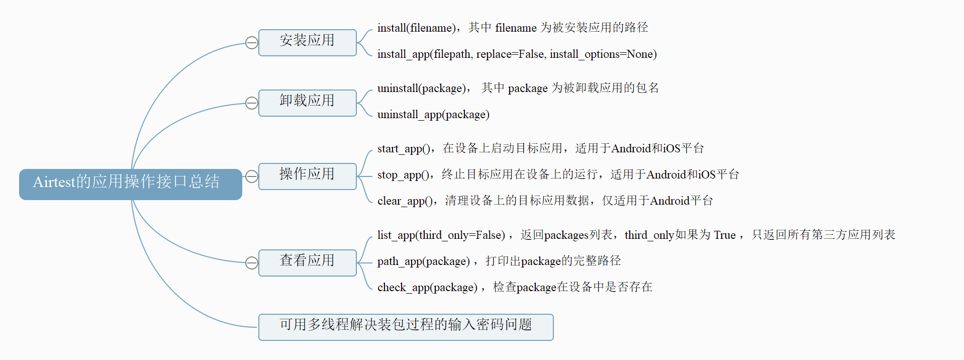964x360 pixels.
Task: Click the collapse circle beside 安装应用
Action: [x=251, y=43]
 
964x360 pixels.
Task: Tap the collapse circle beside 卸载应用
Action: [x=251, y=103]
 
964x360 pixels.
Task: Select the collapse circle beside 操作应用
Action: [x=251, y=176]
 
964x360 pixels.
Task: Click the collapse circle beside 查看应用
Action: [x=251, y=263]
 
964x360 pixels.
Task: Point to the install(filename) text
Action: [x=417, y=28]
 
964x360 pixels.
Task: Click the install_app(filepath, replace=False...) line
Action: [x=517, y=54]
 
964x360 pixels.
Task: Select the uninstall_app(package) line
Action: [x=433, y=115]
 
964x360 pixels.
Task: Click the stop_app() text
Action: [x=404, y=175]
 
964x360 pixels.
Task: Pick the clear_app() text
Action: [x=406, y=201]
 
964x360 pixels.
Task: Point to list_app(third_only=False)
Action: [x=441, y=235]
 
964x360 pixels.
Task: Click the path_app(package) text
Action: [x=423, y=261]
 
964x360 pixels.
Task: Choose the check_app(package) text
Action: [x=427, y=288]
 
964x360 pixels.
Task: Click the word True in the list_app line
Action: [x=724, y=235]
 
